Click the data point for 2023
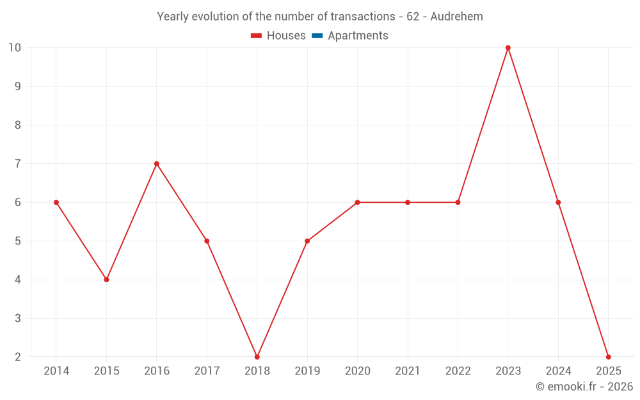[x=508, y=48]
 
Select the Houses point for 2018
[x=257, y=357]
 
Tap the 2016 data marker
[x=157, y=164]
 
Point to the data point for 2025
[x=609, y=357]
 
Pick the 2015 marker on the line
[x=106, y=280]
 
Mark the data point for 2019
[x=307, y=241]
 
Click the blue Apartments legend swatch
[x=317, y=36]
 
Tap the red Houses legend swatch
[x=256, y=36]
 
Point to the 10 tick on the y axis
[x=15, y=48]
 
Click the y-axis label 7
[x=18, y=164]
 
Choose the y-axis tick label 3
[x=18, y=318]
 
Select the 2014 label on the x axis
[x=56, y=371]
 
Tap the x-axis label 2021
[x=408, y=371]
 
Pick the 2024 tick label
[x=558, y=371]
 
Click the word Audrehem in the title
[x=456, y=17]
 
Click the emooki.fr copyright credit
[x=584, y=387]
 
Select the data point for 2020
[x=358, y=202]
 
